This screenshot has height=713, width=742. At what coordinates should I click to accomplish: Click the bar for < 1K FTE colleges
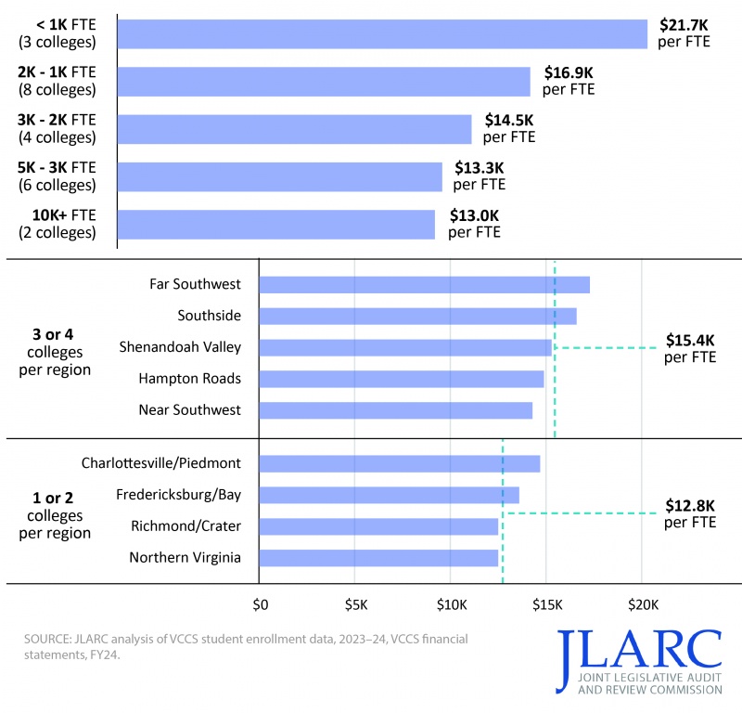383,34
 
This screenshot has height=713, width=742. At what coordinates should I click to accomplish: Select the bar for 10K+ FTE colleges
276,224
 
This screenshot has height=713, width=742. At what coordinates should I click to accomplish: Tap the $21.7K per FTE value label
684,34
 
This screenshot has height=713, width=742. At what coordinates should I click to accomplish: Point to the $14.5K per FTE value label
509,129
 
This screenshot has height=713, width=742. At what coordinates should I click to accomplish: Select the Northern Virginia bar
378,557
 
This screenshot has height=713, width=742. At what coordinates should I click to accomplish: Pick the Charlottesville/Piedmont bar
399,462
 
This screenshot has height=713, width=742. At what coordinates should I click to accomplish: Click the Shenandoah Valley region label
180,347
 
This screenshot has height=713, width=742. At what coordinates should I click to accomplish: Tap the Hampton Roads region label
189,379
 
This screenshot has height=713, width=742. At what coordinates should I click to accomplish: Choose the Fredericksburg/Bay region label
178,494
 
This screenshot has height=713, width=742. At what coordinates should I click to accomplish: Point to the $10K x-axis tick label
451,605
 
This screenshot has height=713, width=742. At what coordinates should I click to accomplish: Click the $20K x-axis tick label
643,605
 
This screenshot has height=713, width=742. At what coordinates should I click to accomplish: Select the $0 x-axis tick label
261,605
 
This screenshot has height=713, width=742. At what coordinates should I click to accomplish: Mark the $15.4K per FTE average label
690,348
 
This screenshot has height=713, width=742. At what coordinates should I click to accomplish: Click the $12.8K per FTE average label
690,513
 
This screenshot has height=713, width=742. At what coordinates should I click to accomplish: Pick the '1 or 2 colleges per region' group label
56,515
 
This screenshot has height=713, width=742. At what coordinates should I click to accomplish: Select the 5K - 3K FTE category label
57,176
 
